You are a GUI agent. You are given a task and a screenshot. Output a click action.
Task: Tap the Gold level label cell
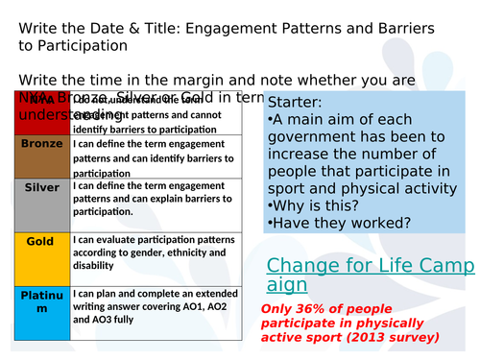pyautogui.click(x=41, y=257)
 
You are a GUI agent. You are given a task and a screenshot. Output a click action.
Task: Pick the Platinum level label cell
pyautogui.click(x=41, y=313)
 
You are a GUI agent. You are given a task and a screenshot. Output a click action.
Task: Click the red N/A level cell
pyautogui.click(x=41, y=112)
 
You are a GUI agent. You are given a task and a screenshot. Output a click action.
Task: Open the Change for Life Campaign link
pyautogui.click(x=369, y=275)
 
